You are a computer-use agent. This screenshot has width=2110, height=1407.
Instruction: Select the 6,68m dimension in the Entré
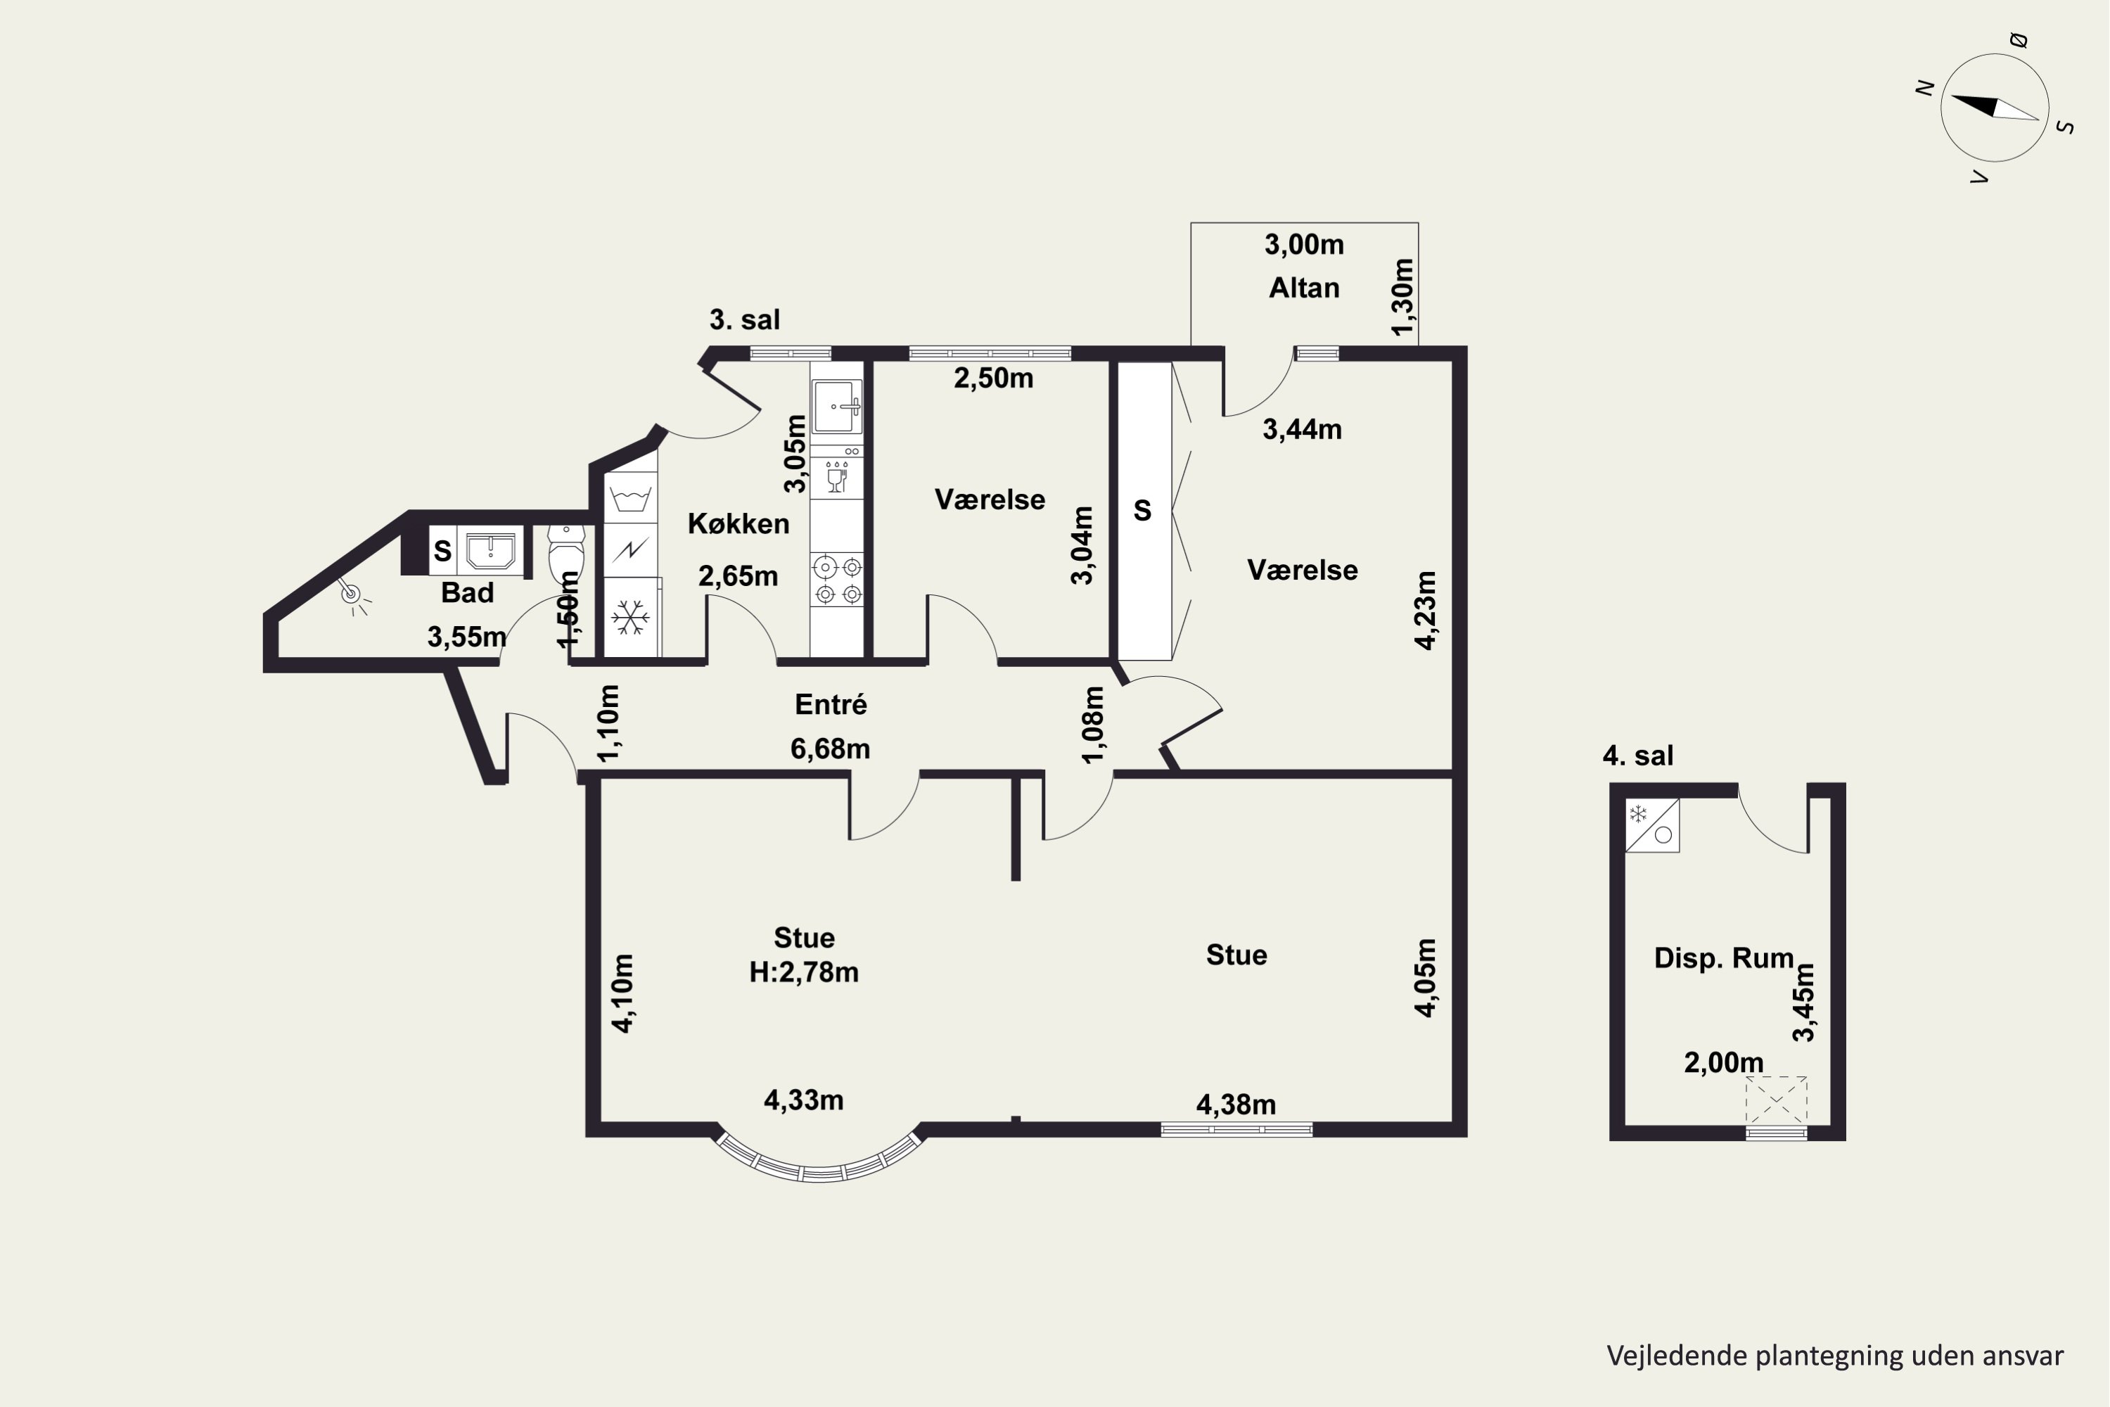tap(830, 749)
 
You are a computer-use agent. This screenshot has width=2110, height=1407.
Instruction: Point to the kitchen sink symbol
tap(837, 407)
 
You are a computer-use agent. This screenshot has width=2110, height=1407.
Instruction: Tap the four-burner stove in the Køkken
tap(837, 580)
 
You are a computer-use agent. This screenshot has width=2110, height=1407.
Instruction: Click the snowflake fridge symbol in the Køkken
tap(631, 618)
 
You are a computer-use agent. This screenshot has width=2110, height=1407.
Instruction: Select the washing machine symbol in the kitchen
tap(631, 498)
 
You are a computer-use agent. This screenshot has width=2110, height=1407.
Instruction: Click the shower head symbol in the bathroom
tap(352, 597)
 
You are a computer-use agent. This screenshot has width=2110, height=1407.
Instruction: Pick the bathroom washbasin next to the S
tap(490, 550)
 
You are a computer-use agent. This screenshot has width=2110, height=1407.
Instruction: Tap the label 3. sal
tap(745, 319)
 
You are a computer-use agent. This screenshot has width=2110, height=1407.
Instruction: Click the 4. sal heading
tap(1638, 756)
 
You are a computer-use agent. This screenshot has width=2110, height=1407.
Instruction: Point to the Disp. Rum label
tap(1723, 958)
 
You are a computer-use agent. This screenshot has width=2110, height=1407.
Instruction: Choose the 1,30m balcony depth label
tap(1403, 297)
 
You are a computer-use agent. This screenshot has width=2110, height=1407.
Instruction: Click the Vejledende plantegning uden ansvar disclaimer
tap(1834, 1356)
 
